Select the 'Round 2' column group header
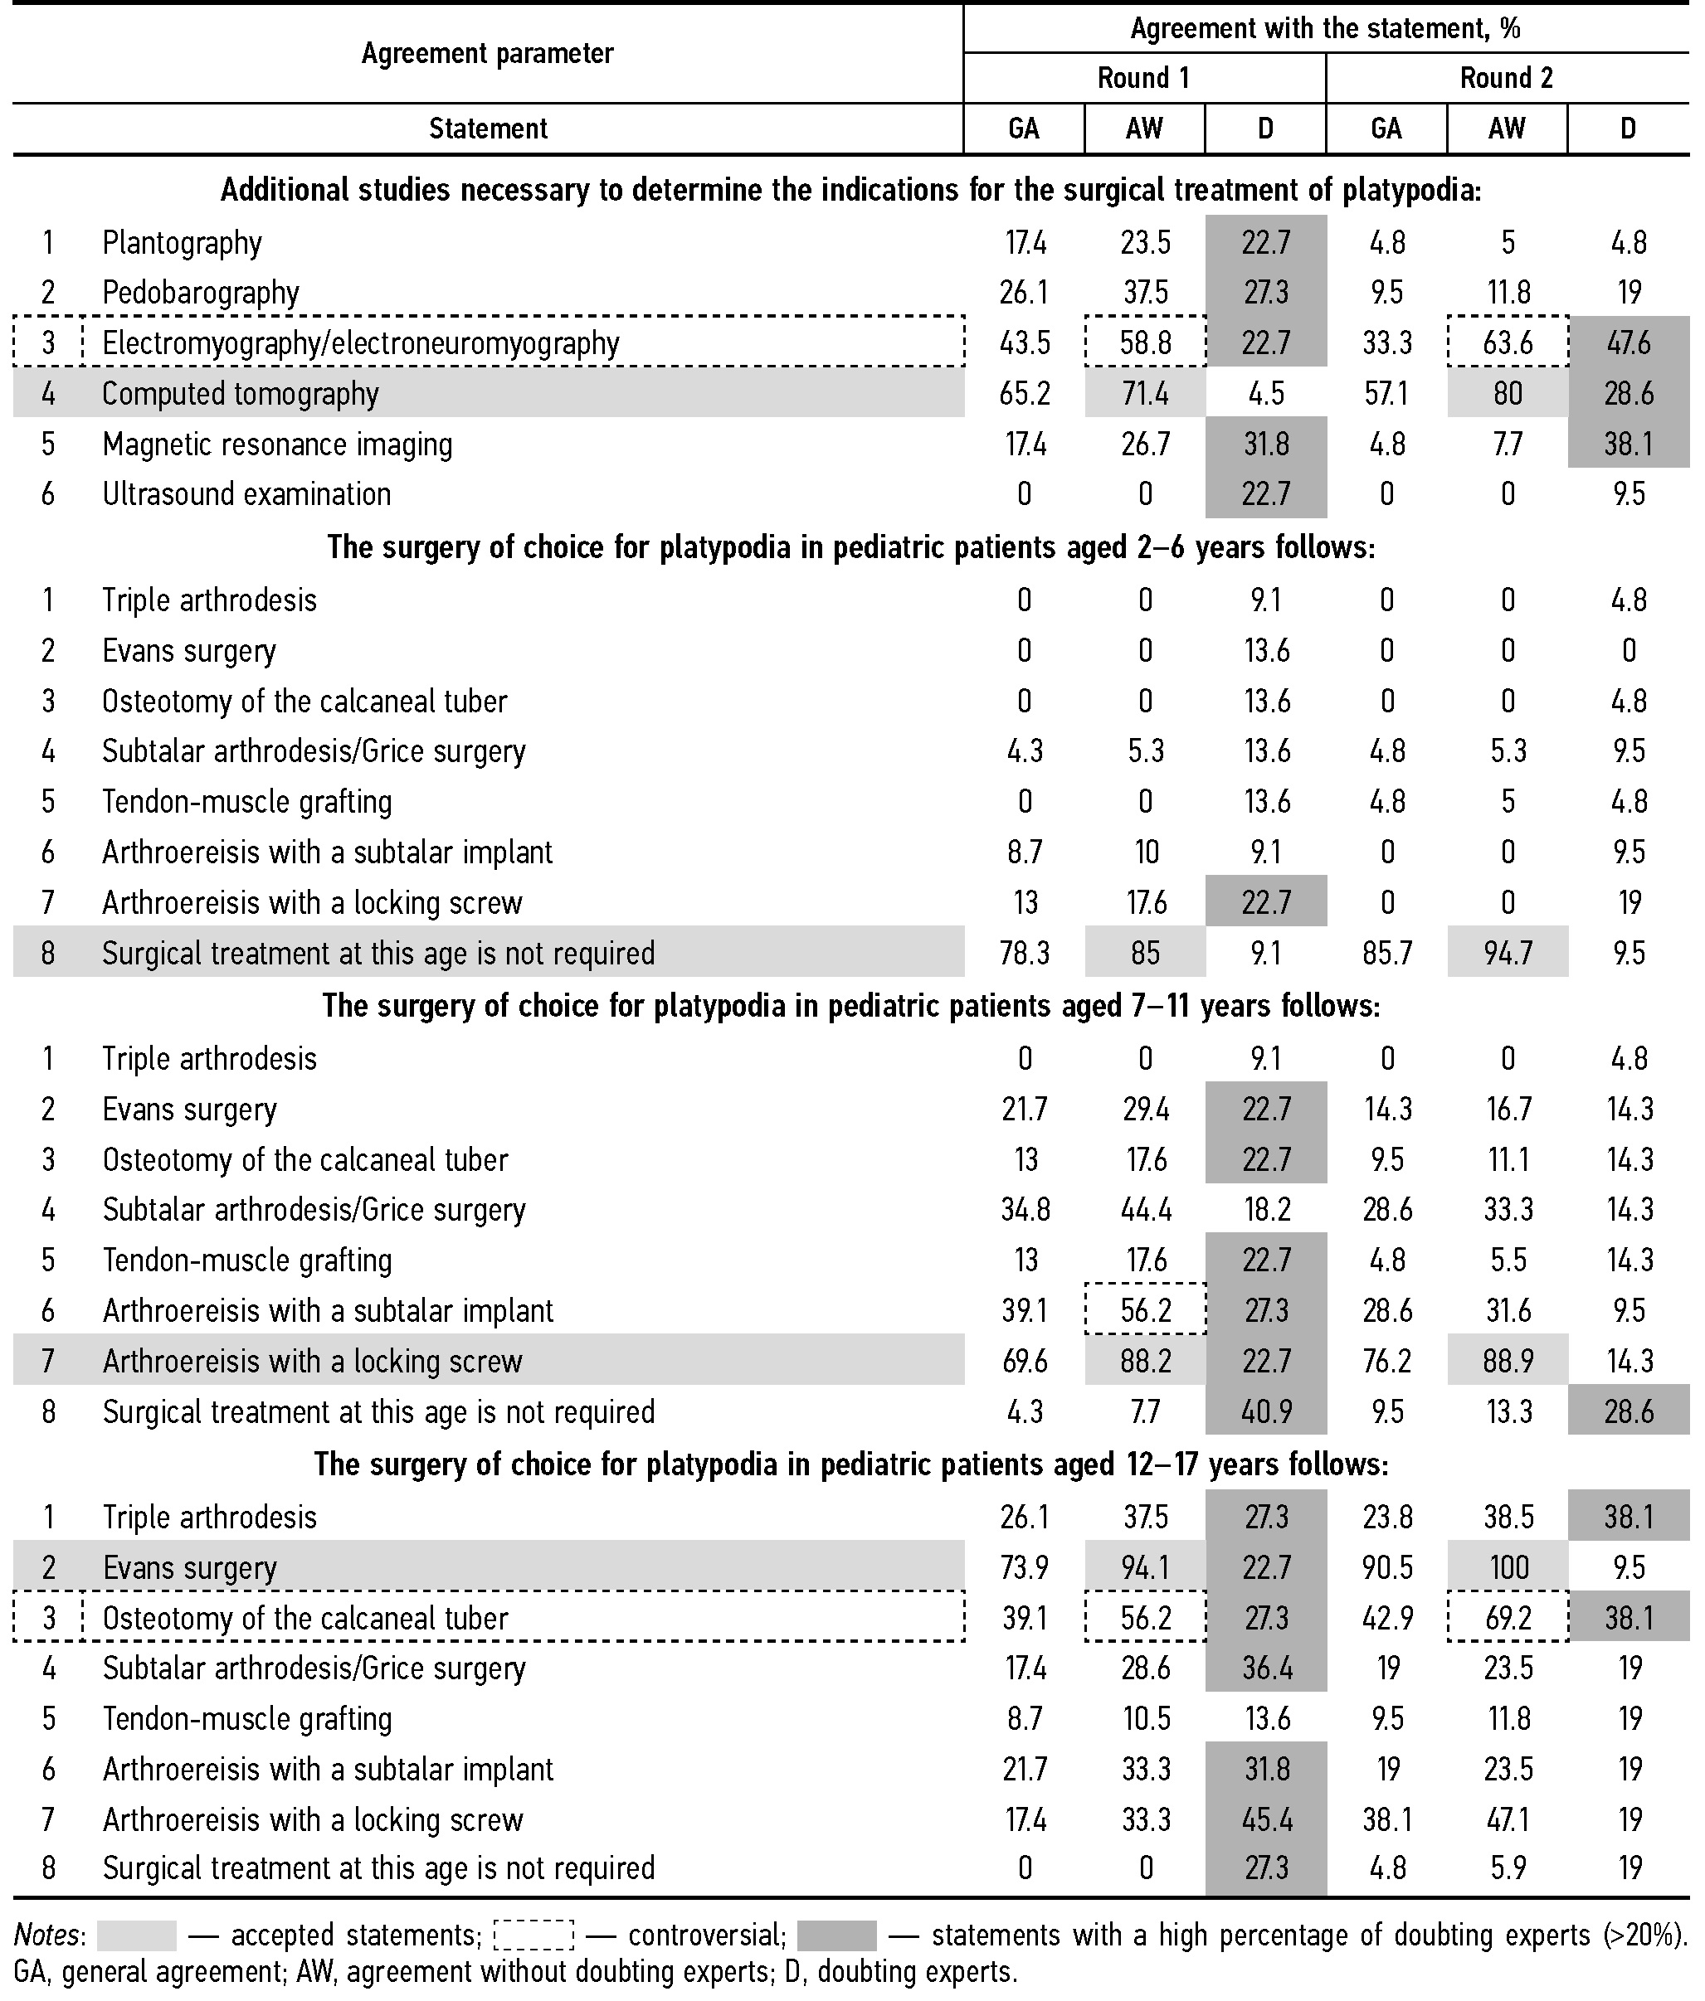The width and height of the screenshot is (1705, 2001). tap(1506, 78)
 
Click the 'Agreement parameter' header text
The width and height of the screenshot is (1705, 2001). tap(487, 53)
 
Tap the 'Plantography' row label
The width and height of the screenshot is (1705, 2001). tap(182, 242)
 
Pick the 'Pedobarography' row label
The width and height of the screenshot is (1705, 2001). tap(200, 293)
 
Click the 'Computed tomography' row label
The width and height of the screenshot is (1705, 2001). tap(240, 394)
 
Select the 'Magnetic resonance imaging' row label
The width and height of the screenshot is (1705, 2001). tap(276, 444)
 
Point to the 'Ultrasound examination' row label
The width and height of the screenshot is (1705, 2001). tap(246, 494)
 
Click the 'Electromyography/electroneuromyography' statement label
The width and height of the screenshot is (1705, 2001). tap(360, 342)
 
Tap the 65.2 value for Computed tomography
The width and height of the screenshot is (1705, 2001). tap(1024, 394)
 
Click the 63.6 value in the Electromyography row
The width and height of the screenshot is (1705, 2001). tap(1507, 342)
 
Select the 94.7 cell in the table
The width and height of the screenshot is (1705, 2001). tap(1507, 953)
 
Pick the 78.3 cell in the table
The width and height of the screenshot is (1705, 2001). tap(1024, 953)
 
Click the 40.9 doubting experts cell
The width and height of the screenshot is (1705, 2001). tap(1265, 1412)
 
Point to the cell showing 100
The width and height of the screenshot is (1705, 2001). tap(1507, 1567)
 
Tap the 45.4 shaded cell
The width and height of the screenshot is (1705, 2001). tap(1265, 1819)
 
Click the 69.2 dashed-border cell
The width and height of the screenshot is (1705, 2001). tap(1507, 1618)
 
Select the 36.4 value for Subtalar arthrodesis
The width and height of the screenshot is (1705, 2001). tap(1265, 1668)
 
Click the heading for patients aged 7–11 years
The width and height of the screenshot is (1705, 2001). tap(850, 1006)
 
